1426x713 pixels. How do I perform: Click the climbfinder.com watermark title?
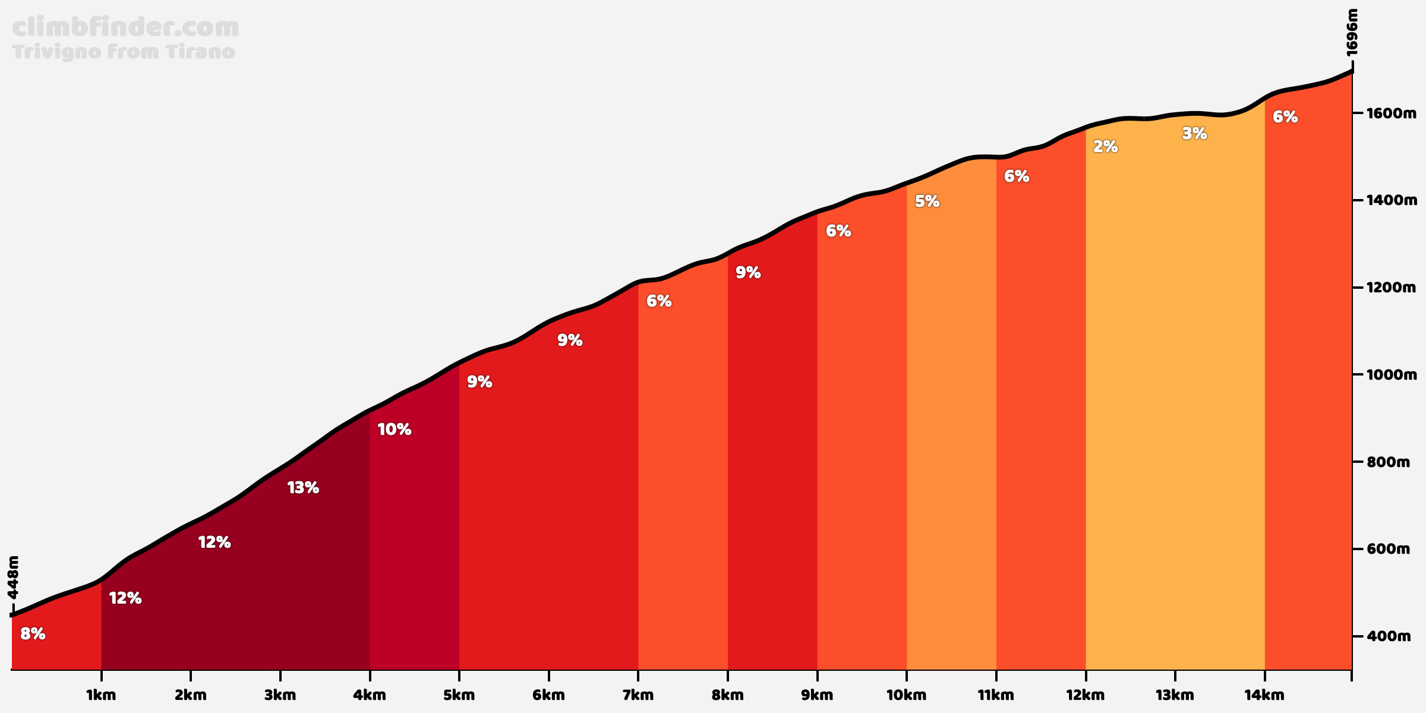[x=125, y=28]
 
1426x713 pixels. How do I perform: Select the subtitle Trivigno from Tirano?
[x=124, y=52]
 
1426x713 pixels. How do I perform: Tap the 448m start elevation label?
[x=14, y=578]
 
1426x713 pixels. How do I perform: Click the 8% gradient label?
[x=33, y=634]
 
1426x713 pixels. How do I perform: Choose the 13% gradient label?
[x=303, y=488]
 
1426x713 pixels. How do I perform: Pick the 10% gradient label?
[x=394, y=430]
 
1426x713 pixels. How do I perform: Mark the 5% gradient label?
[x=927, y=201]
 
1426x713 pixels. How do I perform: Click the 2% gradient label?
[x=1105, y=146]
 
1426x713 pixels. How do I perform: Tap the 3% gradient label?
[x=1194, y=134]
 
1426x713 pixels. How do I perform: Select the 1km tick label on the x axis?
[x=101, y=695]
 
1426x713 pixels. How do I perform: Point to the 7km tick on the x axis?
[x=638, y=695]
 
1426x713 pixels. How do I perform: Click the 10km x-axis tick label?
[x=906, y=695]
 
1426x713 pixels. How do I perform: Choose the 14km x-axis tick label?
[x=1264, y=695]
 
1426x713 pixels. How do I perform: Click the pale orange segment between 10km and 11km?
[x=951, y=446]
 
